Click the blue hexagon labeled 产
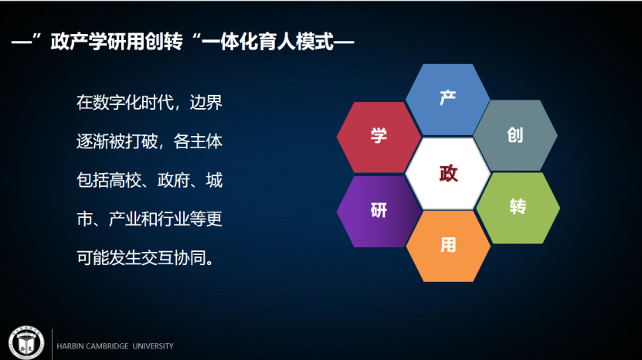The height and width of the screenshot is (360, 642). [x=447, y=99]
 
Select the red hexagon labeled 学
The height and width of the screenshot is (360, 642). [x=379, y=137]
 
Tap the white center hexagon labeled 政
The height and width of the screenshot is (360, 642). [x=448, y=174]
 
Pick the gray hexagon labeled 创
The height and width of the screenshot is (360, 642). [x=515, y=135]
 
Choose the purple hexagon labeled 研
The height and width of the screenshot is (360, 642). [x=379, y=212]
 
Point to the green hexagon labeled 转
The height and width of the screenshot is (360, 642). [x=518, y=208]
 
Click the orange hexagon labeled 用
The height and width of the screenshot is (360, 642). [x=448, y=246]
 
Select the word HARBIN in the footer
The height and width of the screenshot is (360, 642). [x=70, y=346]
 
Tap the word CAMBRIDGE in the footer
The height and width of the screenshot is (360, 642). [x=107, y=346]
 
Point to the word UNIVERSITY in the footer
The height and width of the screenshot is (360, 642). [x=153, y=346]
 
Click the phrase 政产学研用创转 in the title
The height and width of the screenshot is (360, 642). [x=117, y=42]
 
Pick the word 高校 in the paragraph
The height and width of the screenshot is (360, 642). [x=125, y=180]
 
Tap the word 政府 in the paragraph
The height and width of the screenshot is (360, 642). [x=174, y=180]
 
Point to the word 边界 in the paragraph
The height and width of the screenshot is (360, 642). [x=206, y=103]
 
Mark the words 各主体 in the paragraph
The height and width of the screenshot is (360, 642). [x=198, y=141]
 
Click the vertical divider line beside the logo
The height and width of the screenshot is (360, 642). [x=52, y=344]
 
